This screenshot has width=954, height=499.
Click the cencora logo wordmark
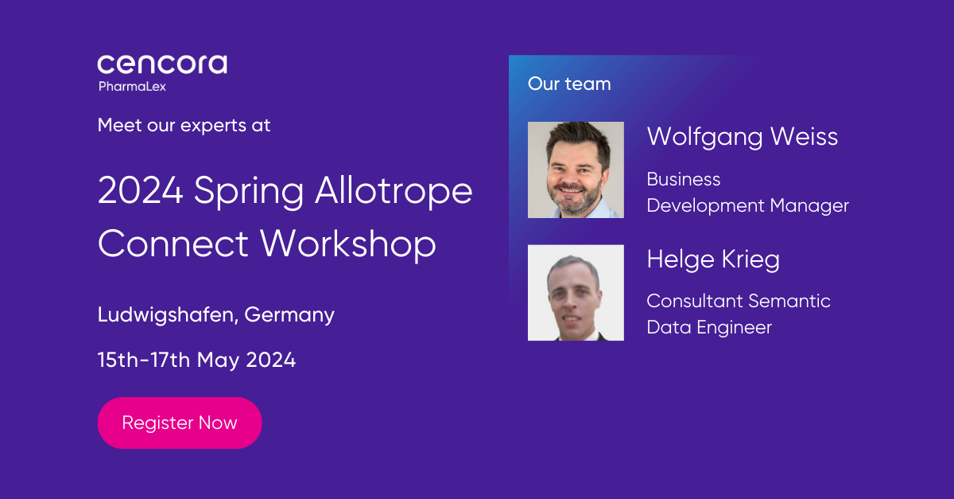162,64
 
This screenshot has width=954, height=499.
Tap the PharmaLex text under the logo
132,87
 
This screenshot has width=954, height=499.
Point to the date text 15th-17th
144,360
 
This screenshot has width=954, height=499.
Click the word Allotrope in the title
394,191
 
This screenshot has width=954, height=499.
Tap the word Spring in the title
249,192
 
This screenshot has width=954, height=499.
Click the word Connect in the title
173,244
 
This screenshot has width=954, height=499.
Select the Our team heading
569,84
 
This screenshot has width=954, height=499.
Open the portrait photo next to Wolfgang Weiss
576,170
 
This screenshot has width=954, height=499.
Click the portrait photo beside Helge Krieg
576,293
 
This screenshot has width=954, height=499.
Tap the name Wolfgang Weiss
743,137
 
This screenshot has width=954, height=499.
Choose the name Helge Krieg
713,259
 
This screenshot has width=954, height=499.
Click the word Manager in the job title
809,206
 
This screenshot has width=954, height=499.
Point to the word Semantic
789,301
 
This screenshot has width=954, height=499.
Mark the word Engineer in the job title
735,328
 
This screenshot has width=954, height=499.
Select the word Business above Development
684,179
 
